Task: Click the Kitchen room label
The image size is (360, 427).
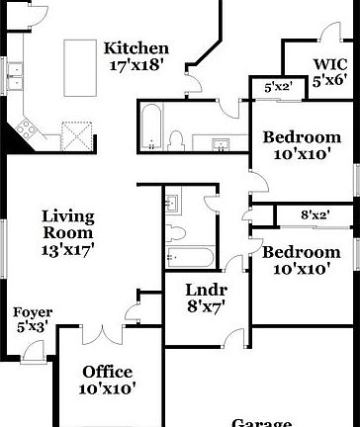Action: point(136,48)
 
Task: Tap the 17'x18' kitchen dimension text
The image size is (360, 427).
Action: point(136,65)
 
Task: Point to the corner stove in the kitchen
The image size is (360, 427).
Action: point(27,126)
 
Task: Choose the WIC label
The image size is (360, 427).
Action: point(329,64)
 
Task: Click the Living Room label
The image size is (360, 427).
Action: point(67,224)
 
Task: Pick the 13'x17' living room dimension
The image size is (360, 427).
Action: point(67,250)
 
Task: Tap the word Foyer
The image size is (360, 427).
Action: point(33,313)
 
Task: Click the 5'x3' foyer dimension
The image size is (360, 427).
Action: point(33,327)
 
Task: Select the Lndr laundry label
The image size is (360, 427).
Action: point(207,291)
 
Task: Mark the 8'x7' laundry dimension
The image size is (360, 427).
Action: point(207,306)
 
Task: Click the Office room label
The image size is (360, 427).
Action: point(108,372)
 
